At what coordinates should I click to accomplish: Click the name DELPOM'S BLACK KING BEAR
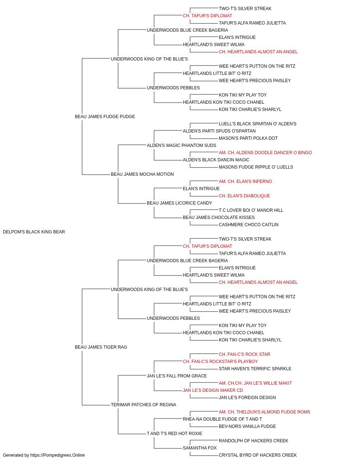tap(34, 232)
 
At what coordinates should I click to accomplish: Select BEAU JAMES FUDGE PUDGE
tap(105, 117)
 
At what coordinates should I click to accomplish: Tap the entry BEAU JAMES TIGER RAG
tap(101, 347)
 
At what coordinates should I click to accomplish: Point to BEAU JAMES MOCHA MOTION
tap(142, 174)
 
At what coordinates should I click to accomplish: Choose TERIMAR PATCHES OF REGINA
tap(143, 405)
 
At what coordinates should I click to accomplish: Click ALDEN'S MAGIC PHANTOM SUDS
tap(181, 146)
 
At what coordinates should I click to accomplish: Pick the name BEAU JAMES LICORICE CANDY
tap(179, 203)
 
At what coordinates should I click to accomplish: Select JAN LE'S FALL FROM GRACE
tap(177, 376)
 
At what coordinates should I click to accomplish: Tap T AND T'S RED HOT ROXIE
tap(174, 434)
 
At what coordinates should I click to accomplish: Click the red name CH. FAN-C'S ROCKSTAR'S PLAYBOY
tap(220, 362)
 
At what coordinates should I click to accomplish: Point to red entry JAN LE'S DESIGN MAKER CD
tap(213, 390)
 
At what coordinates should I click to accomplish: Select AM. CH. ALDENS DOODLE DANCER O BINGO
tap(265, 153)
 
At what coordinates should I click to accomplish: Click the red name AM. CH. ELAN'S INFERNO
tap(245, 182)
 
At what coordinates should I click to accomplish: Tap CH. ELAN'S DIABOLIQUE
tap(244, 196)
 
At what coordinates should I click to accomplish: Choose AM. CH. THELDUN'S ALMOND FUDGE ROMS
tap(264, 412)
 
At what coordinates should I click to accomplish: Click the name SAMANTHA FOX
tap(199, 448)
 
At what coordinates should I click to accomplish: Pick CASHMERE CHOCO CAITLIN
tap(248, 225)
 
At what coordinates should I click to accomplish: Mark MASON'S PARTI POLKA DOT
tap(248, 138)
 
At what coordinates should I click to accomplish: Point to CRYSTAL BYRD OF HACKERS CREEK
tap(258, 455)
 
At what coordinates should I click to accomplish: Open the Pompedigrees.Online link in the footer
tap(57, 455)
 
